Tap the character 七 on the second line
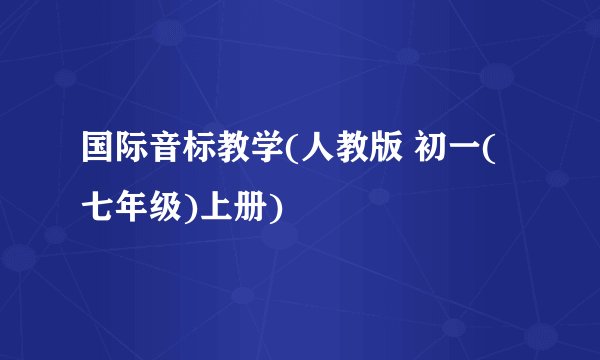98,208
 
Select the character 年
130,208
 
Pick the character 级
162,208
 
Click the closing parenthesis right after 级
185,209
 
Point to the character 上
208,208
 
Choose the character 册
240,208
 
